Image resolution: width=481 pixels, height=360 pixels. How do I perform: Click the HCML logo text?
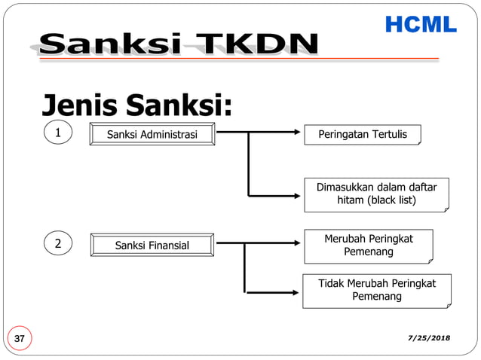tap(421, 24)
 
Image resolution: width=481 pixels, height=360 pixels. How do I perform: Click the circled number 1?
tap(57, 134)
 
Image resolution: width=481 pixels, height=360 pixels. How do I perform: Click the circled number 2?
tap(57, 244)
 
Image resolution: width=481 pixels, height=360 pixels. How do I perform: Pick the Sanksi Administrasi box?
tap(152, 135)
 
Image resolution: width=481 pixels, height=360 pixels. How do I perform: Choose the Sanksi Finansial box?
tap(152, 246)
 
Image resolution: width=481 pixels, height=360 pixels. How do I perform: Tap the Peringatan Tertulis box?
tap(362, 135)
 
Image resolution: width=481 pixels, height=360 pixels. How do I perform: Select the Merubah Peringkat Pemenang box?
tap(369, 246)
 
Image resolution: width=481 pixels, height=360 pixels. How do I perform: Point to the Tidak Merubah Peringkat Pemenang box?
tap(377, 290)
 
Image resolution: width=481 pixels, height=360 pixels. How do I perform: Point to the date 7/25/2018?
tap(427, 337)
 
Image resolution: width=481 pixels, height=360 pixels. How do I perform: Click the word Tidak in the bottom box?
tap(332, 282)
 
